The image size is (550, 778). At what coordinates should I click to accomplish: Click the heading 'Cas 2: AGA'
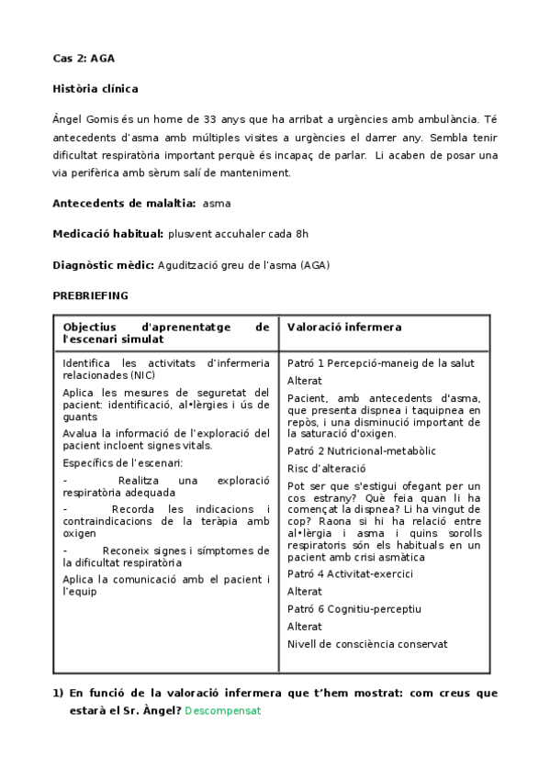click(84, 59)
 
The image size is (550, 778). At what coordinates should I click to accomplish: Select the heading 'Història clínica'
click(95, 89)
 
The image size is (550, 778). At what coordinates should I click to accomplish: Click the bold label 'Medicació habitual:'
click(108, 234)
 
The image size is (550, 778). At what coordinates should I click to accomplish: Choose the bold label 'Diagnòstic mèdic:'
click(104, 265)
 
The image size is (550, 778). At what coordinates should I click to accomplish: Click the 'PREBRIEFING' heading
click(90, 295)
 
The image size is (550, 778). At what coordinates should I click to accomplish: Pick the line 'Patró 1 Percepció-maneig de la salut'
click(380, 363)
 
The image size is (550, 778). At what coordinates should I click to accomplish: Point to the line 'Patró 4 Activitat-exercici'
click(350, 574)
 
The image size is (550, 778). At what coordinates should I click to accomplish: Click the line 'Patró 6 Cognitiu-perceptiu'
click(354, 609)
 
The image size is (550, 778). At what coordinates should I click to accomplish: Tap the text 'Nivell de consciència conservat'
click(367, 644)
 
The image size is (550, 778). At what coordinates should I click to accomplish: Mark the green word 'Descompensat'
click(223, 710)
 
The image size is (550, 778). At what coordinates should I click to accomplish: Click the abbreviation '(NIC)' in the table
click(141, 375)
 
